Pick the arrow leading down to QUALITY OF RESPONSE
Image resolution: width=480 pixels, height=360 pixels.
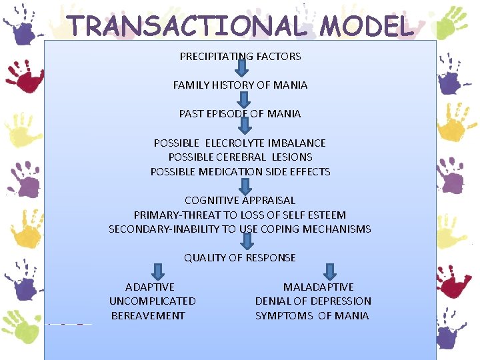[x=246, y=241]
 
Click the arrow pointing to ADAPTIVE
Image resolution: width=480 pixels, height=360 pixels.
[x=158, y=271]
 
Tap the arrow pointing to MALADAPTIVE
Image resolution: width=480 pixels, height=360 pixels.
[x=329, y=271]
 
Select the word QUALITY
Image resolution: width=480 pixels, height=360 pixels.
[x=205, y=257]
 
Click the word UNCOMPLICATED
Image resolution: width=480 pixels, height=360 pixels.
[x=153, y=301]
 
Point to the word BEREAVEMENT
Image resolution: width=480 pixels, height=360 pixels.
[x=148, y=315]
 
